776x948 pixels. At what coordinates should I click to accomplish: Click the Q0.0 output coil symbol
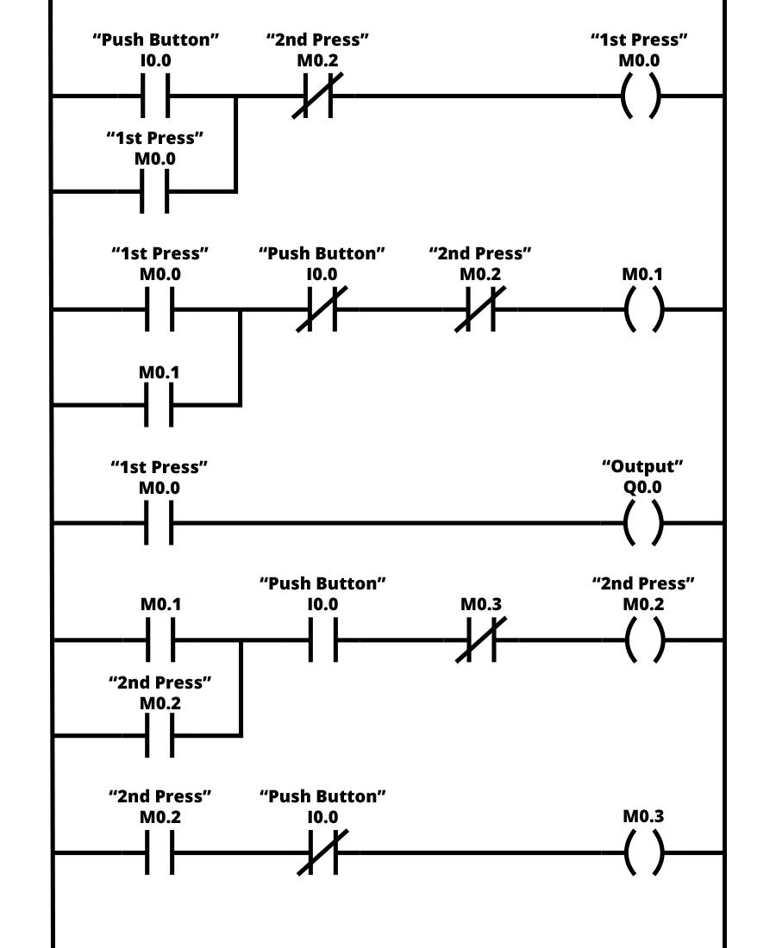(643, 522)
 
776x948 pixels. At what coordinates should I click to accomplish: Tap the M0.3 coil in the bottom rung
(643, 853)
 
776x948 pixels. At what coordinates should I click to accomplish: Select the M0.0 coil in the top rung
(640, 96)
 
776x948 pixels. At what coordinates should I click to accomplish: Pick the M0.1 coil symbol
(643, 309)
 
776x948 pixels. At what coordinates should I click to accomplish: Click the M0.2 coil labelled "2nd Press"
(643, 640)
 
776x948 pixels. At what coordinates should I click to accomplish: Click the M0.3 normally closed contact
(481, 640)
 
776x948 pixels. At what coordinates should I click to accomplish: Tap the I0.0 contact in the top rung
(155, 96)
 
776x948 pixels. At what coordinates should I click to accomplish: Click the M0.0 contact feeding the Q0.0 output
(159, 522)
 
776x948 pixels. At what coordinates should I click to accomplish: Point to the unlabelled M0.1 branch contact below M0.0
(159, 404)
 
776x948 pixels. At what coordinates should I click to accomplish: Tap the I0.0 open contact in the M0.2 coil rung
(322, 640)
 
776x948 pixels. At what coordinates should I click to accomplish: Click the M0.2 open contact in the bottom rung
(160, 853)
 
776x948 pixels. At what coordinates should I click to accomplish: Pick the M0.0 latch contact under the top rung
(155, 191)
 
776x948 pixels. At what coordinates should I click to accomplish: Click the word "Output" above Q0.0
(642, 466)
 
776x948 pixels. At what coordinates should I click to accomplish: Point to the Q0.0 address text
(642, 487)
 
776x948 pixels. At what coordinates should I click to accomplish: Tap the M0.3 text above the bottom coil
(643, 816)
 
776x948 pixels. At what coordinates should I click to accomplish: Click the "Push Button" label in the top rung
(156, 40)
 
